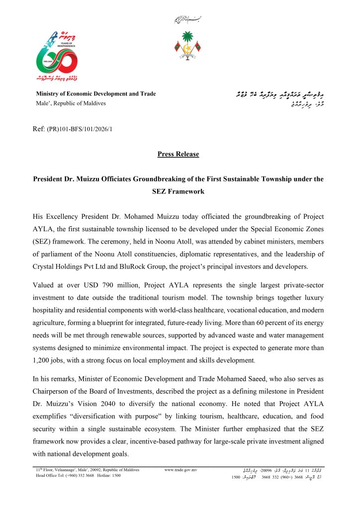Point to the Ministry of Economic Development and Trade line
(x=95, y=94)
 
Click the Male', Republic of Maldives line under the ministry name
(x=71, y=103)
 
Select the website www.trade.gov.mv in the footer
(x=180, y=470)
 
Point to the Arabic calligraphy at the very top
(x=180, y=20)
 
